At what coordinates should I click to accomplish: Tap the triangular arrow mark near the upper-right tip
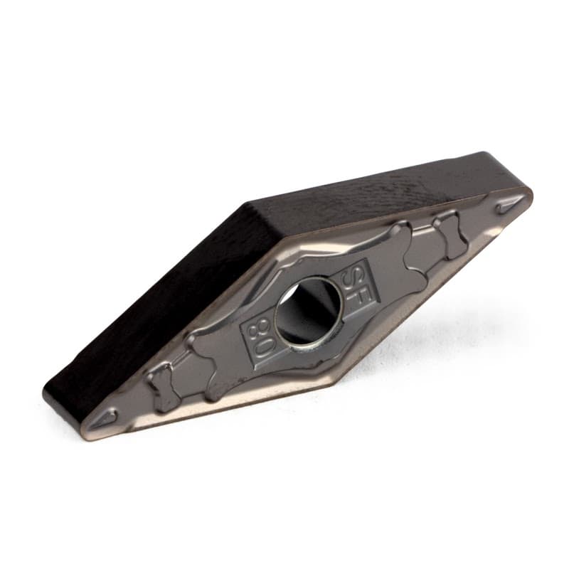click(x=509, y=206)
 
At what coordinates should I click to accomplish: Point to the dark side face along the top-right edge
click(x=384, y=185)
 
